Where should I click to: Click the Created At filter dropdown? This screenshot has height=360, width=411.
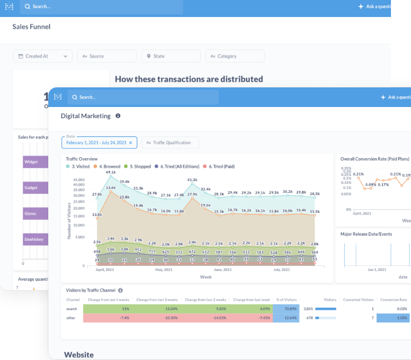tap(43, 56)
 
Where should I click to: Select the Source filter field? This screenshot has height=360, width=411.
tap(107, 56)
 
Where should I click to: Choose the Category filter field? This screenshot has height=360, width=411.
tap(235, 56)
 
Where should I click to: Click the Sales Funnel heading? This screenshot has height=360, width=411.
tap(31, 26)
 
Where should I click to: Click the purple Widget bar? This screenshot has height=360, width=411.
tap(35, 162)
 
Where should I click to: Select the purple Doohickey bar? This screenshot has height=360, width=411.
tap(35, 239)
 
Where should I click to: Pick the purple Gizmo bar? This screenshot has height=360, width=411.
tap(35, 213)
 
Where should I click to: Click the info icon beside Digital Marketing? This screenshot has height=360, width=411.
tap(118, 116)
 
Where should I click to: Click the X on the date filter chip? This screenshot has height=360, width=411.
tap(130, 142)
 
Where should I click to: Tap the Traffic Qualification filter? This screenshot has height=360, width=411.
tap(171, 142)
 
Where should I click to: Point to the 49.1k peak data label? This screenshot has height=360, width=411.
tap(110, 172)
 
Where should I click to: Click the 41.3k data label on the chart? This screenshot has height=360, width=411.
tap(192, 180)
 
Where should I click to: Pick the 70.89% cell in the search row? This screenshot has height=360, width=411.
tap(290, 309)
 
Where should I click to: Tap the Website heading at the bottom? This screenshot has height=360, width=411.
tap(79, 355)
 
